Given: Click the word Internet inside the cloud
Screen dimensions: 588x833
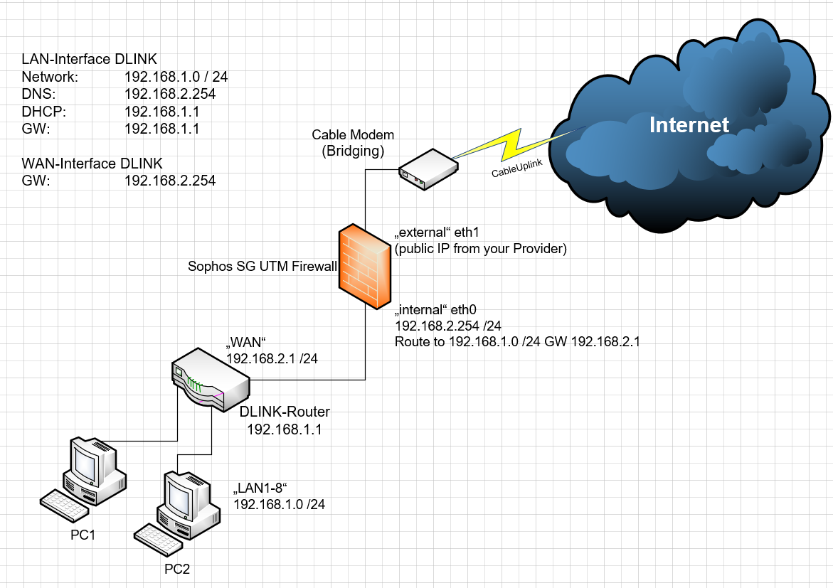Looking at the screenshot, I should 689,125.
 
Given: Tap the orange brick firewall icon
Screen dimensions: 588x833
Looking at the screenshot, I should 365,266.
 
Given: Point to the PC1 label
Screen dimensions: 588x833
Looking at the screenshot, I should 83,535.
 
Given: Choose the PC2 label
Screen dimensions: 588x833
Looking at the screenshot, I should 177,569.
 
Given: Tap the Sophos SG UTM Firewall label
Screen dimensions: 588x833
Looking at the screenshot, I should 261,267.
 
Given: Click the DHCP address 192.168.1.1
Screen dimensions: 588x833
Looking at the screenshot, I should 161,112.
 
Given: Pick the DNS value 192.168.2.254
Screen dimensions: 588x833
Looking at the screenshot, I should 169,94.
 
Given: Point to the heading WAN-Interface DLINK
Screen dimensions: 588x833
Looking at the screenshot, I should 92,164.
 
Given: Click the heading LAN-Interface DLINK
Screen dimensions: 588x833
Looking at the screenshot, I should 90,59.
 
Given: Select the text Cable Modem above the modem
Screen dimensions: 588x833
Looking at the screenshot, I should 353,135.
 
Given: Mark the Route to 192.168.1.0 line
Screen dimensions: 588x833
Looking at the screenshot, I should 517,342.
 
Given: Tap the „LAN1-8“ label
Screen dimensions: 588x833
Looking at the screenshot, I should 263,488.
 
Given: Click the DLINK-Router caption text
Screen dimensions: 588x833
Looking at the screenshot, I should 285,412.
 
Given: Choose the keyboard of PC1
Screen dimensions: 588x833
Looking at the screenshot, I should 65,503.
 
